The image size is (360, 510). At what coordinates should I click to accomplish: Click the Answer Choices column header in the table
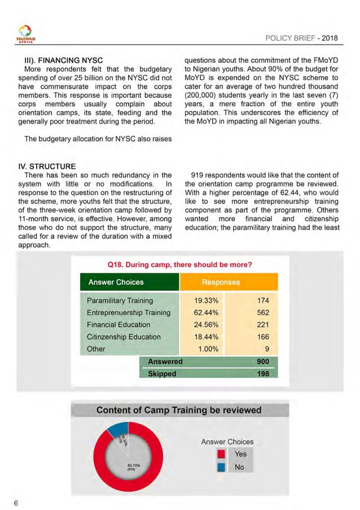point(116,282)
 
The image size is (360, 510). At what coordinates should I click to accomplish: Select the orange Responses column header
point(221,282)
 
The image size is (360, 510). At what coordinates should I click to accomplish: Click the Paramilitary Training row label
point(120,300)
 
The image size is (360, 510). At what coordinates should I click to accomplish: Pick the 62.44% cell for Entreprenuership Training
point(190,312)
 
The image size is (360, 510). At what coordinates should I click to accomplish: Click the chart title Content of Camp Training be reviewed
point(179,409)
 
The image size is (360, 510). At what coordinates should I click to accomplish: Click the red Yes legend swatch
point(222,454)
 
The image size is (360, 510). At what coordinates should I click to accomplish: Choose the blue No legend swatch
point(222,467)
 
